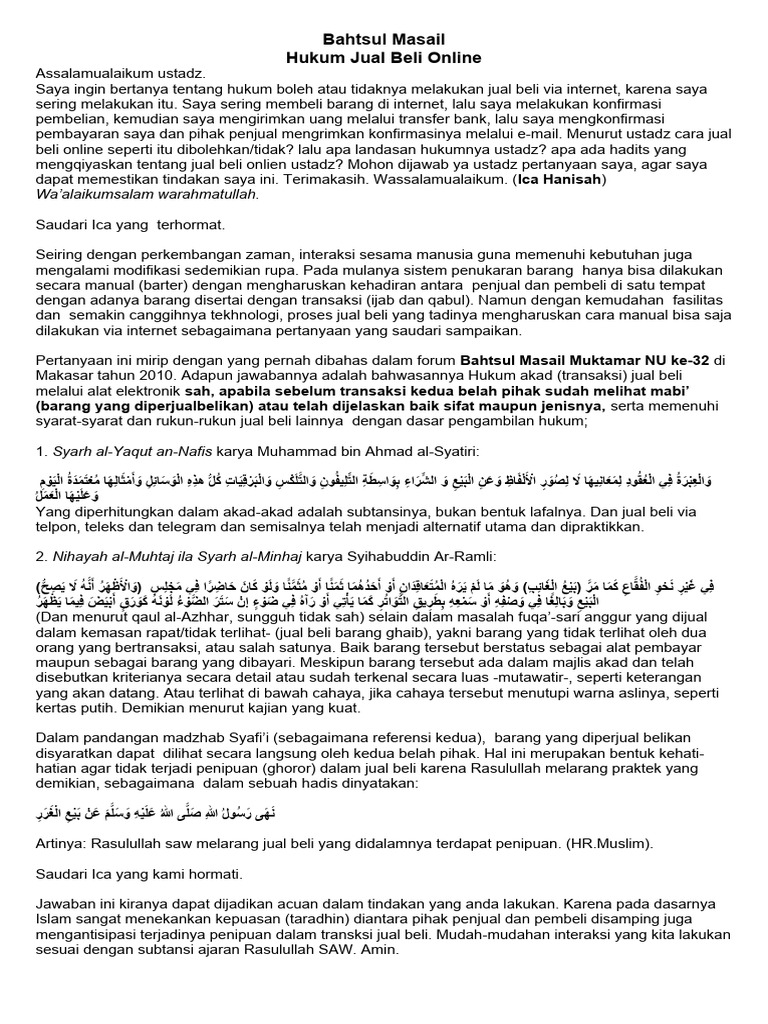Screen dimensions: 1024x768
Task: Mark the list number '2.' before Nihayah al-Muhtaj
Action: pos(42,555)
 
